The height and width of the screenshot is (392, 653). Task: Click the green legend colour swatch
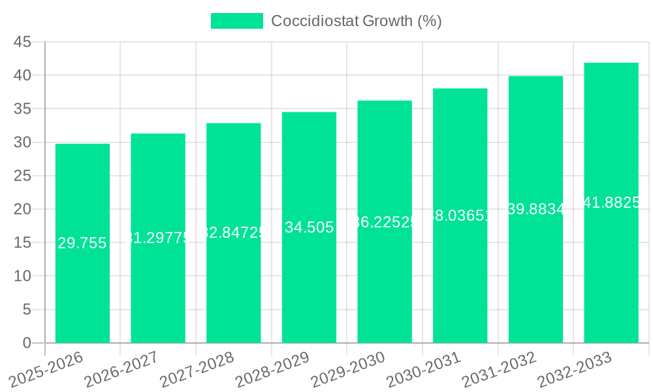pos(236,21)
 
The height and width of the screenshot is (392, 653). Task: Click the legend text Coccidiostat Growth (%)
pos(357,21)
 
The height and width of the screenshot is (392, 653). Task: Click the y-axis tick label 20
pos(22,209)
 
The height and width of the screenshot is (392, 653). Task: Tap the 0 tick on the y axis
pos(27,343)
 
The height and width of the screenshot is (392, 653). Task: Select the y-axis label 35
pos(22,108)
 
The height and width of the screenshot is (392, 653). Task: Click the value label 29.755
pos(82,244)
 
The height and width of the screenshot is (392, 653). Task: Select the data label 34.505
pos(309,227)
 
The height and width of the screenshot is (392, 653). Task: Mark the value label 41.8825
pos(611,203)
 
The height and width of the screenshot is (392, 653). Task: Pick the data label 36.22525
pos(385,222)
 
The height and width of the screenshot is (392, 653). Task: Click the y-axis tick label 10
pos(22,276)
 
